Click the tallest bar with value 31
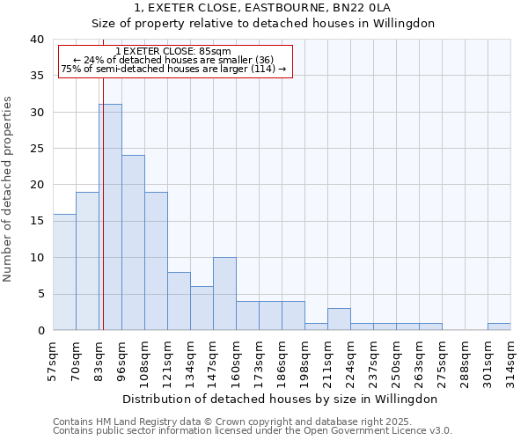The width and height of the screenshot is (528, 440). tap(110, 217)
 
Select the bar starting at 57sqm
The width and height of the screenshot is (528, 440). tap(64, 272)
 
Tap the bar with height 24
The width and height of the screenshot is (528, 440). tap(133, 243)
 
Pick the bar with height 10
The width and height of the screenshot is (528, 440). tap(224, 294)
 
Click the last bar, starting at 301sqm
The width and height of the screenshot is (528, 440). tap(499, 326)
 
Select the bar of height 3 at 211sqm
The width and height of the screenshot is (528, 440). tap(339, 319)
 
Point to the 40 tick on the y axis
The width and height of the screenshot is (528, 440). tap(38, 40)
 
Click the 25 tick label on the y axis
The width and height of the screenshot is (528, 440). tap(38, 149)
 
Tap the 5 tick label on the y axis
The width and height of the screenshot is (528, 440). tap(41, 294)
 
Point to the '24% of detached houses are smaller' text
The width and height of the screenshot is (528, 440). tap(173, 60)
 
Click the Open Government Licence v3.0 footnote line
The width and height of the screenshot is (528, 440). tap(253, 430)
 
